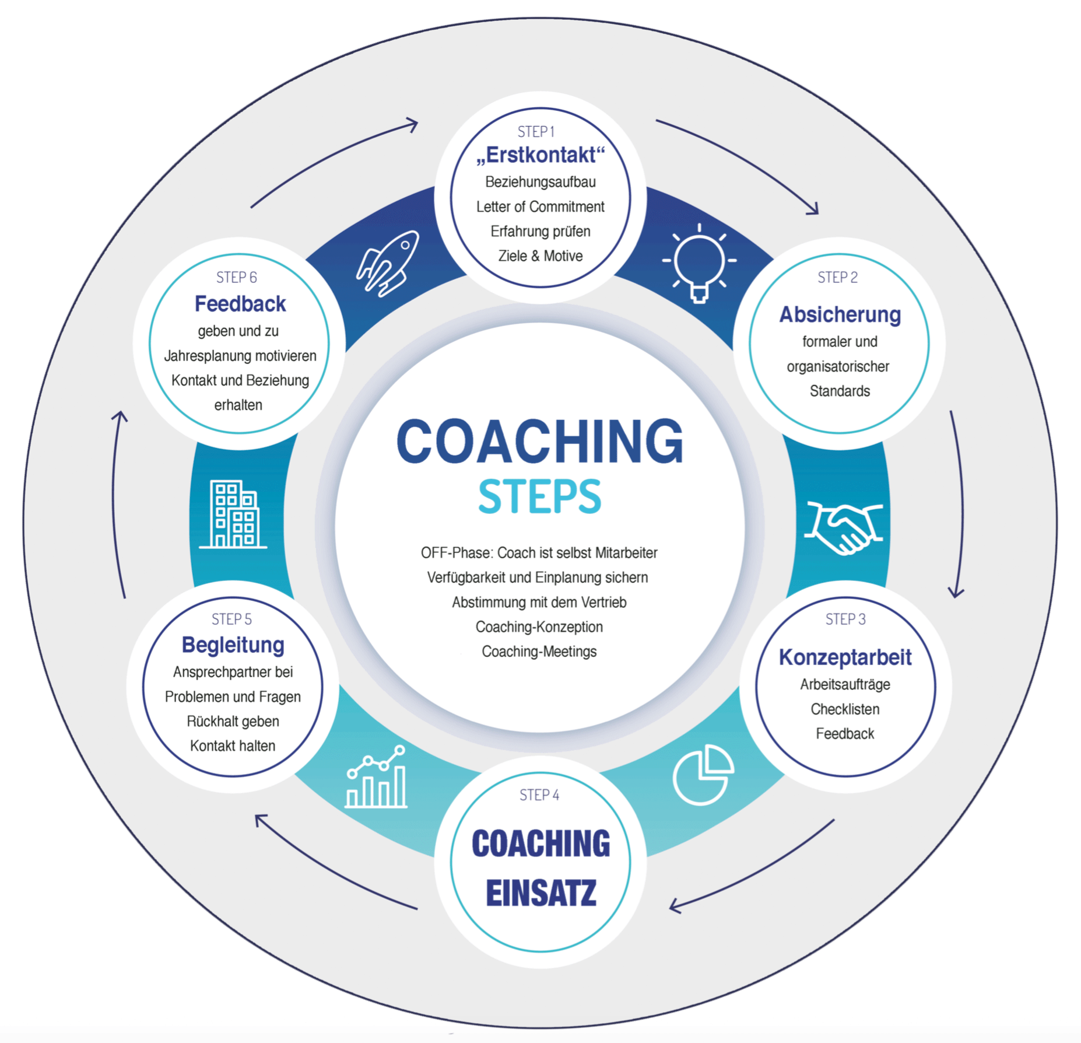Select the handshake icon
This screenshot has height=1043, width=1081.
843,526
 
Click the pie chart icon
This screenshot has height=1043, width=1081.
703,775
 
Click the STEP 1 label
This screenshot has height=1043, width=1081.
536,132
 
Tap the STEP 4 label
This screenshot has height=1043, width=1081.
539,795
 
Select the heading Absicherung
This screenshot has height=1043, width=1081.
840,314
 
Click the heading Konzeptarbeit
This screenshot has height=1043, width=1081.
845,657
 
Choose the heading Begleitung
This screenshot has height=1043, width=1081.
233,645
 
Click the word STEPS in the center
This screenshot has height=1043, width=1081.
539,496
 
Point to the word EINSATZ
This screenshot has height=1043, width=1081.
541,893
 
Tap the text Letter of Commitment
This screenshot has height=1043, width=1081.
540,207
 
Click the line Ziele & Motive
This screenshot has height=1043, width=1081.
540,256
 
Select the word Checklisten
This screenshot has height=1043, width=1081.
845,709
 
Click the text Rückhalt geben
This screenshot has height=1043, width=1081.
233,722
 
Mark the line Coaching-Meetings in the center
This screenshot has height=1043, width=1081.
539,652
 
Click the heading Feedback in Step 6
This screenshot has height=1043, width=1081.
240,304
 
